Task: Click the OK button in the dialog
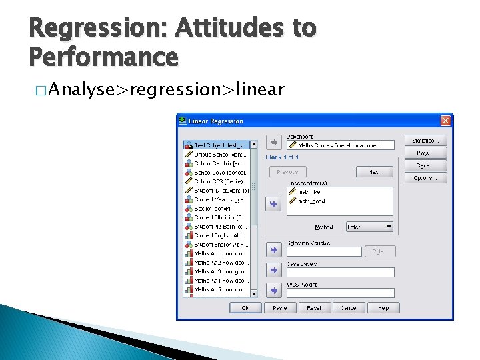click(x=245, y=308)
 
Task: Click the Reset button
click(x=314, y=308)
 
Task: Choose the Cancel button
click(x=348, y=308)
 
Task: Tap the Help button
click(x=383, y=308)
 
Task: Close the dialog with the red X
click(x=445, y=121)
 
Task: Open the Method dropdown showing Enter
click(x=369, y=227)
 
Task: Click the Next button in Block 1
click(x=373, y=172)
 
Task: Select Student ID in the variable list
click(x=221, y=191)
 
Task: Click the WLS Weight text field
click(x=339, y=293)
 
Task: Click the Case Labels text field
click(x=339, y=273)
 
